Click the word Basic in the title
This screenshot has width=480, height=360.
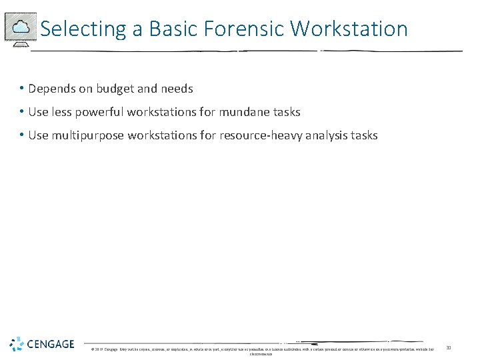(171, 29)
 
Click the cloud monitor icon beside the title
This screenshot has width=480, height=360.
(20, 28)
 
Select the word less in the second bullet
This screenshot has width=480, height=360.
(62, 112)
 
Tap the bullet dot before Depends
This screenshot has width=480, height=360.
(22, 89)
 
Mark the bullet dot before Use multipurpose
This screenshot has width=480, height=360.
(22, 135)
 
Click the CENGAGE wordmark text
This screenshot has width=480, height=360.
(51, 344)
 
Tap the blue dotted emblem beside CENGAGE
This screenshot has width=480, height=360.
(17, 344)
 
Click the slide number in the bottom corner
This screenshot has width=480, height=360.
(449, 347)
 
